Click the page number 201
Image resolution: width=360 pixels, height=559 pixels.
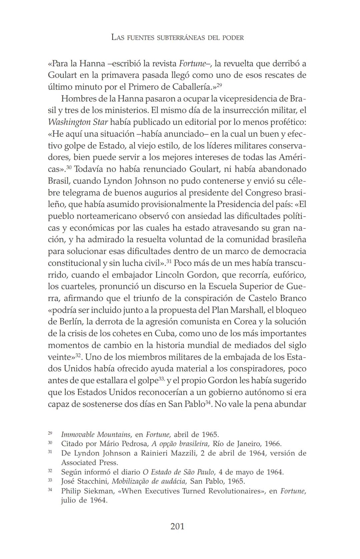pyautogui.click(x=177, y=526)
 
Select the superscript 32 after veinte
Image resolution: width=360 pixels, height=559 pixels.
pyautogui.click(x=78, y=356)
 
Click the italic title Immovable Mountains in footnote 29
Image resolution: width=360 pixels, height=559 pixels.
pyautogui.click(x=96, y=435)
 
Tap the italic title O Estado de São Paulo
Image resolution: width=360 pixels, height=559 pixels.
pyautogui.click(x=178, y=472)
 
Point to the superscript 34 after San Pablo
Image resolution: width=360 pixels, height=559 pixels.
pyautogui.click(x=208, y=403)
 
